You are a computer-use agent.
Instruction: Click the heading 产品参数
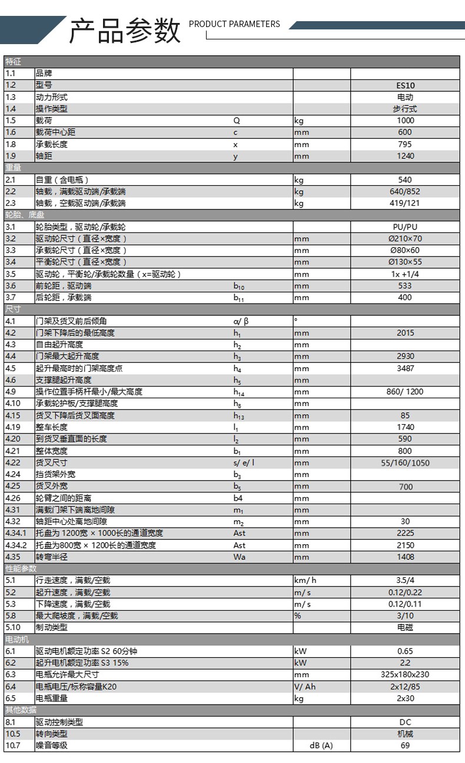pos(124,31)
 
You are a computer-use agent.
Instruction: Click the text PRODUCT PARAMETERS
pos(234,24)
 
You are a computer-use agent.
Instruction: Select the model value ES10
pos(405,85)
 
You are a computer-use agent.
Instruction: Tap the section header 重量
pos(13,168)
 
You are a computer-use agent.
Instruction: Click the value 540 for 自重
pos(405,180)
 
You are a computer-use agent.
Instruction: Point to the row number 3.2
pos(11,239)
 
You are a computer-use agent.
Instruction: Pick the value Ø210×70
pos(405,239)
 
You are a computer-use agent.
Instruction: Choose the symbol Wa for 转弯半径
pos(240,557)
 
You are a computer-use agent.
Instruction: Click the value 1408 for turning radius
pos(405,557)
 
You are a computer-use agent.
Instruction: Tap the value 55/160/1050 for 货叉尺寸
pos(405,463)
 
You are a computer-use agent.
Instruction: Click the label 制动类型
pos(52,628)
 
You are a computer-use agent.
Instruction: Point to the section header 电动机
pos(17,639)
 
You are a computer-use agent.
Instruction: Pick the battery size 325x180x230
pos(405,675)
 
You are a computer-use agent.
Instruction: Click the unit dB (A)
pos(321,746)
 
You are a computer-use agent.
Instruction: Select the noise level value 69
pos(405,746)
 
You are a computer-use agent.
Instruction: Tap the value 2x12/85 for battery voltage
pos(405,687)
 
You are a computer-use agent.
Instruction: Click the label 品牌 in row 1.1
pos(44,74)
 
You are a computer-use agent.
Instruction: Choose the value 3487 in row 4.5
pos(405,368)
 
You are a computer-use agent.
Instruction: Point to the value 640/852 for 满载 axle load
pos(405,192)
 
